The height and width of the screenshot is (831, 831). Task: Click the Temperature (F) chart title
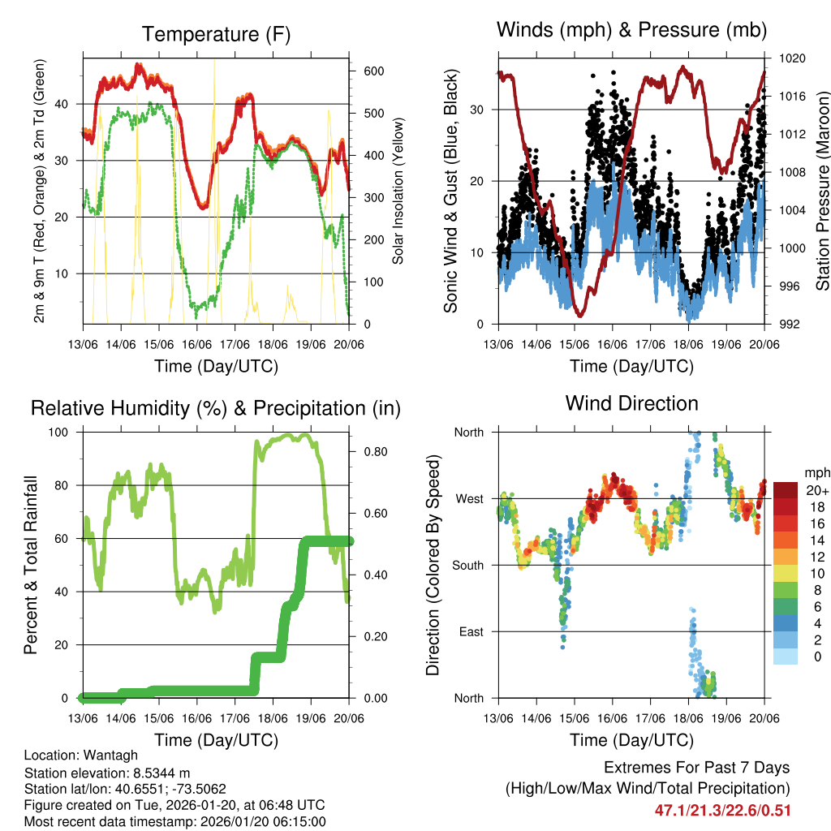tap(216, 34)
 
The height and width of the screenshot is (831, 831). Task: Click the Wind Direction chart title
tap(631, 403)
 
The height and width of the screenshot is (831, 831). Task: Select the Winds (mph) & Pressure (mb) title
tap(631, 30)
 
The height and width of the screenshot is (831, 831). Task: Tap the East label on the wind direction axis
tap(470, 631)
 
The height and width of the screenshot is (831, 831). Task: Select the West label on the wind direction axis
tap(469, 498)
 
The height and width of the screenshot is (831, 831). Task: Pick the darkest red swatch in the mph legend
tap(786, 490)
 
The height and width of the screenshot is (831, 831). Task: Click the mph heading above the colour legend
tap(816, 472)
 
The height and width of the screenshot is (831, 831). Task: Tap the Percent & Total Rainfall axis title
tap(32, 564)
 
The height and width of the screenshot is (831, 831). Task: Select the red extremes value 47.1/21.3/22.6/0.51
tap(722, 810)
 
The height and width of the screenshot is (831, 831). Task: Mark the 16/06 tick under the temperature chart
tap(197, 343)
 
